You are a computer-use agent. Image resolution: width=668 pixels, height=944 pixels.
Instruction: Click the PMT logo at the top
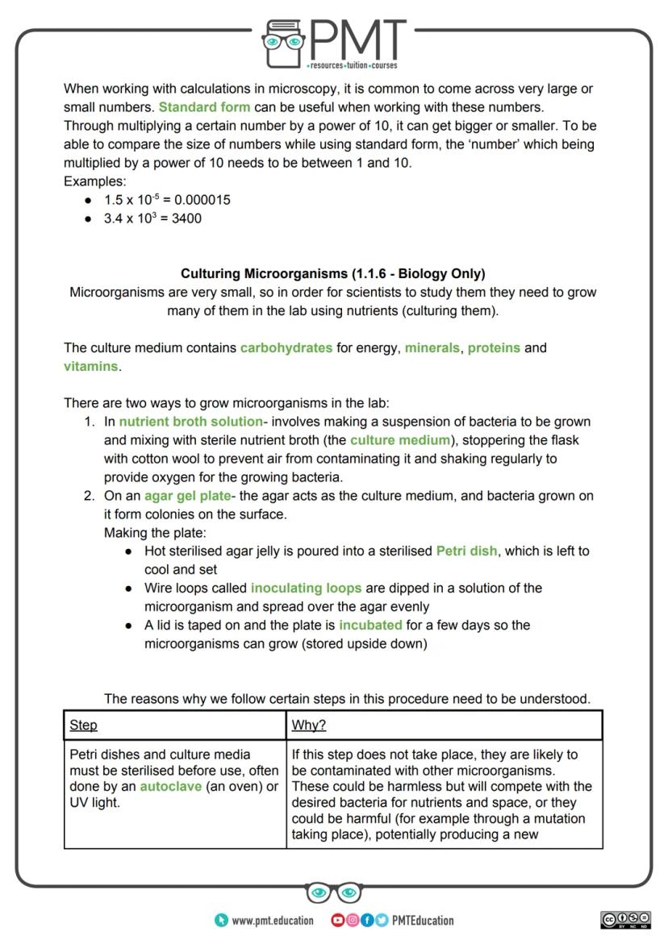[334, 42]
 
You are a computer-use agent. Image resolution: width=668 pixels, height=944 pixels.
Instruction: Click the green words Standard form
[204, 107]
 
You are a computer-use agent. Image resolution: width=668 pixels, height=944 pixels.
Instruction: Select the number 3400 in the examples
[186, 218]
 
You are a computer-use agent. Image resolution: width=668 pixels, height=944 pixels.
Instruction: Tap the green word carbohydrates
[286, 348]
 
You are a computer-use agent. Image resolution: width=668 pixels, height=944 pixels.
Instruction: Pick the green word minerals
[432, 348]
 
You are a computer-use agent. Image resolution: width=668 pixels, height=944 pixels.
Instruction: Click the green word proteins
[494, 348]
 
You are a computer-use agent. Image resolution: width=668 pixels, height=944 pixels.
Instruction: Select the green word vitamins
[90, 367]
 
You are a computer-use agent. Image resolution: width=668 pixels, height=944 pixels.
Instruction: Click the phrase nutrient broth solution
[190, 422]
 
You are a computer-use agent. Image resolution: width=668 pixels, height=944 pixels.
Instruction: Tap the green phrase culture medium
[399, 440]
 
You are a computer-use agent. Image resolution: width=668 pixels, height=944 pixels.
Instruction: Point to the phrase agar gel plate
[187, 496]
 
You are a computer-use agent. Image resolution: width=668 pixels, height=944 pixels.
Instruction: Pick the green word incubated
[370, 626]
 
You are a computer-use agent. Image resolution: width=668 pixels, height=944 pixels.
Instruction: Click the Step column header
[83, 726]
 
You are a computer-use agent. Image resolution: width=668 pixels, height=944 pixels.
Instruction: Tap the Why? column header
[308, 726]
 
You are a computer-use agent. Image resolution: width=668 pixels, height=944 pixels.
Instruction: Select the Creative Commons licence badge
[625, 920]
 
